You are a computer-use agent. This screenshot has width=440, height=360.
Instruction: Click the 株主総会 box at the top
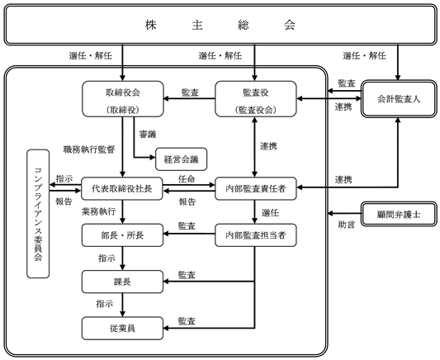(220, 25)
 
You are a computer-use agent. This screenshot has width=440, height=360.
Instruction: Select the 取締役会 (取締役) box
(123, 99)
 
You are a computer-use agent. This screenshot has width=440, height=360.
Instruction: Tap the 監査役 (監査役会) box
(256, 99)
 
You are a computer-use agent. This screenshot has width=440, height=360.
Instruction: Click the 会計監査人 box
(399, 99)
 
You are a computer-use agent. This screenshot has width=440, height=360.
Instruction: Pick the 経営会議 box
(182, 159)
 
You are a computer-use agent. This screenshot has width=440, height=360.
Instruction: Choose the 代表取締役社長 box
(122, 188)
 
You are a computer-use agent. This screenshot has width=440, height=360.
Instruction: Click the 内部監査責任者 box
(256, 188)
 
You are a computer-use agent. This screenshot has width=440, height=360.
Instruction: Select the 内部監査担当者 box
(256, 235)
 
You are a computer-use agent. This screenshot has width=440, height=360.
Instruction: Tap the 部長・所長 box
(122, 235)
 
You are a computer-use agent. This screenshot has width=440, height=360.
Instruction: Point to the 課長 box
(122, 282)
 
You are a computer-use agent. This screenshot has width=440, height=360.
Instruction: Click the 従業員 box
(122, 328)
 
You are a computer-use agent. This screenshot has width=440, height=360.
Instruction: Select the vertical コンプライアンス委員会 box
(38, 214)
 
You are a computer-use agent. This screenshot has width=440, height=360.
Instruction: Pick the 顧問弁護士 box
(399, 214)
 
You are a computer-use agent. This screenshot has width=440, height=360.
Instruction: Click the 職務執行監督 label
(89, 149)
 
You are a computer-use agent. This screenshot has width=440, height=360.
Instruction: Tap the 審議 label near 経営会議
(148, 134)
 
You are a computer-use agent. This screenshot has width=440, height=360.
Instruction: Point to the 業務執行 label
(98, 211)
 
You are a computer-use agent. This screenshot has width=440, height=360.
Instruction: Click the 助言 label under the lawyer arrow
(346, 225)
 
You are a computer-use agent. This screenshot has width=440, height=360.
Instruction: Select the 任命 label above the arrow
(187, 179)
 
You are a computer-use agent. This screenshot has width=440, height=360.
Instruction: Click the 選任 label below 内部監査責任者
(270, 213)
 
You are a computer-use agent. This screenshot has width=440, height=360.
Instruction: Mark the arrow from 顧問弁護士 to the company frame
(344, 214)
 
